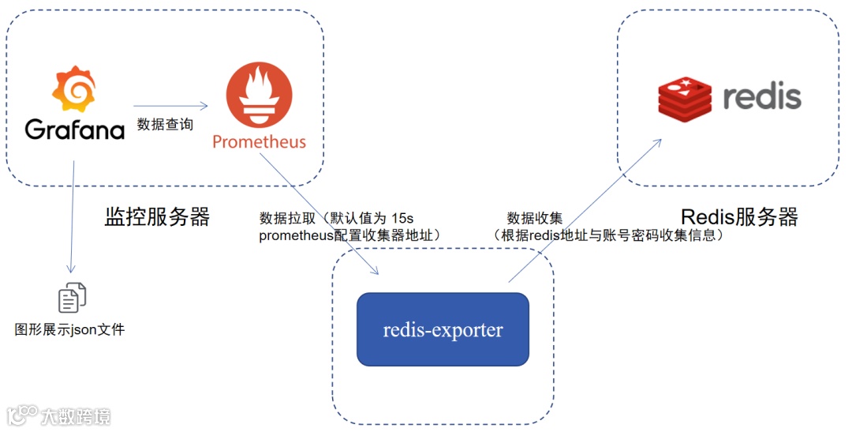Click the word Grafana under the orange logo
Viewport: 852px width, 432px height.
tap(75, 130)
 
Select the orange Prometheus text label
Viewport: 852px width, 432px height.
tap(259, 142)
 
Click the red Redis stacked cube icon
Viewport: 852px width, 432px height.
tap(685, 99)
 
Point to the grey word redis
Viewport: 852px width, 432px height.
tap(761, 97)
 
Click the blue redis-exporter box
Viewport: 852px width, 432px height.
tap(443, 329)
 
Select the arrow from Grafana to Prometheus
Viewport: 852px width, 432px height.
tap(170, 106)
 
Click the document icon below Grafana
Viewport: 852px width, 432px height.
tap(72, 298)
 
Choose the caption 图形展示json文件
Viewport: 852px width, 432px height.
tap(70, 329)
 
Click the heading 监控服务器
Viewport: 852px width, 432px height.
tap(157, 217)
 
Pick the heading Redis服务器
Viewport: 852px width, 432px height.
tap(739, 217)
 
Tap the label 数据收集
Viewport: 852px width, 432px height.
tap(534, 218)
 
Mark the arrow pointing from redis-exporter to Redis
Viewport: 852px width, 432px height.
tap(584, 210)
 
